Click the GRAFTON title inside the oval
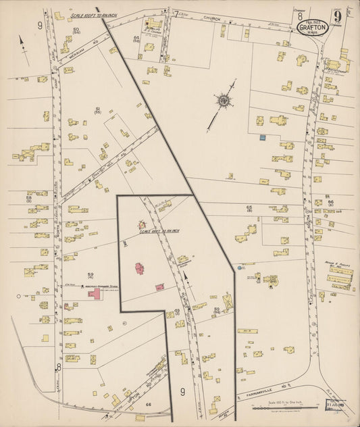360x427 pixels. click(312, 28)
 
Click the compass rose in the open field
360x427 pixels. click(222, 101)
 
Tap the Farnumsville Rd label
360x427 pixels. click(260, 395)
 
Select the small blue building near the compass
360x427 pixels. click(262, 138)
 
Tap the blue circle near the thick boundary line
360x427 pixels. click(240, 268)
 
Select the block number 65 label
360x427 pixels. click(249, 207)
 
